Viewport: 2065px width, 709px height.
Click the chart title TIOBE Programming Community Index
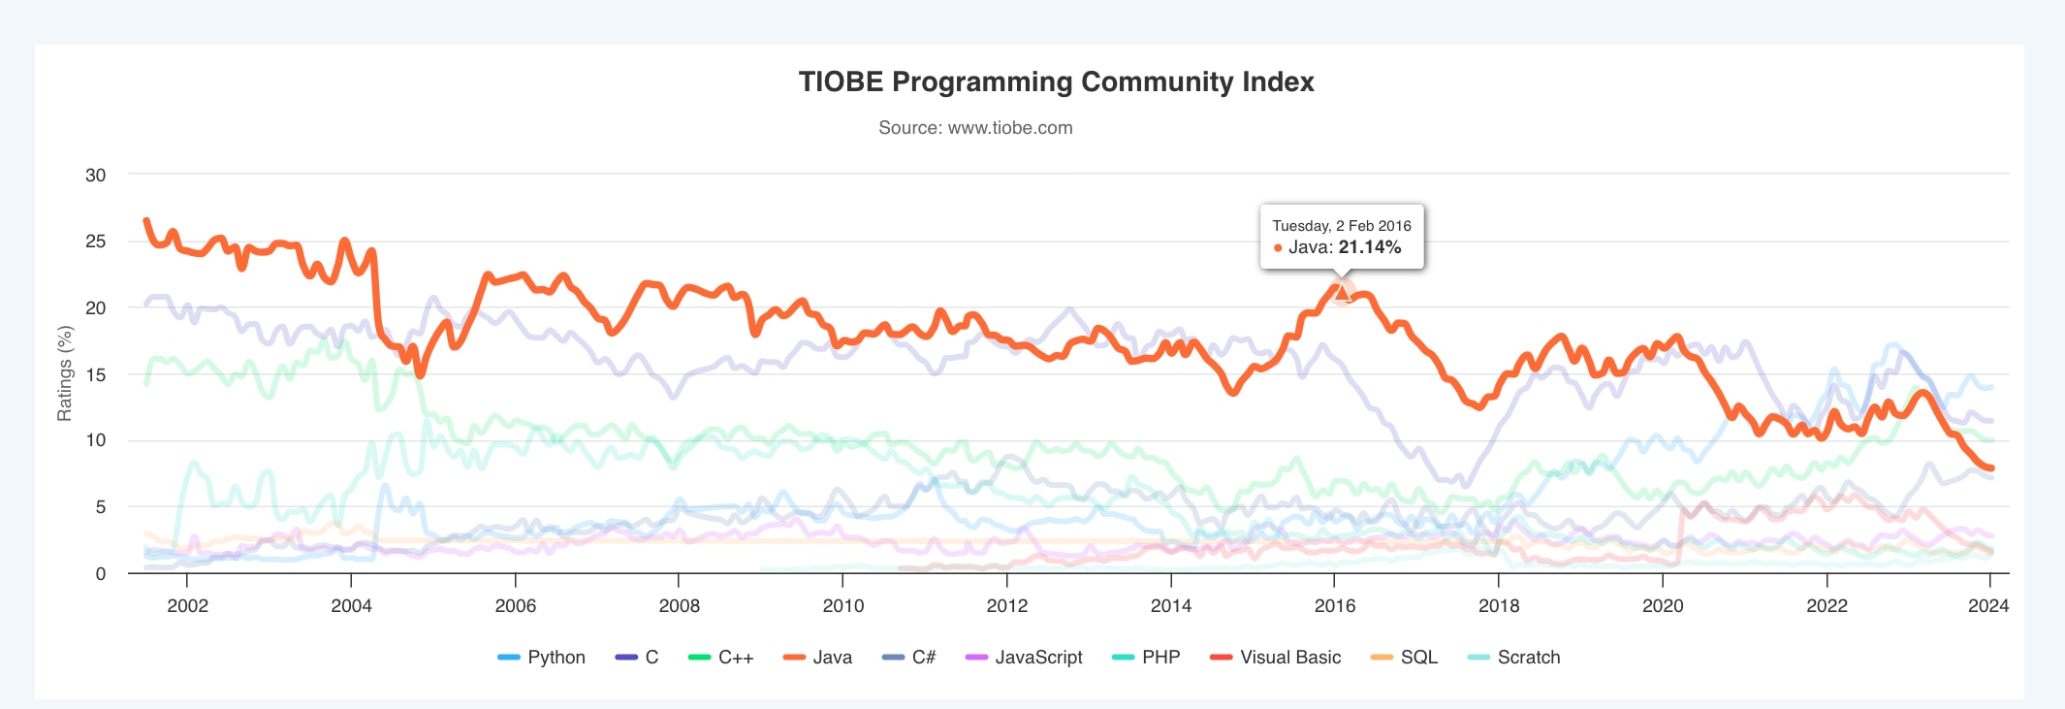1056,81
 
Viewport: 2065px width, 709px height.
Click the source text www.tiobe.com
975,128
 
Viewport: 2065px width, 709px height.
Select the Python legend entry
556,658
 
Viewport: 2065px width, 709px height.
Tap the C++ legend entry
735,658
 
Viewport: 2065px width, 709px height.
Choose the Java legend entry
831,658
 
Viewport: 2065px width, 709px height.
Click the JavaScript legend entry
1037,658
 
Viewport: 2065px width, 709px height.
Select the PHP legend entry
1160,658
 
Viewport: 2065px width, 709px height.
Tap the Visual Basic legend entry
1289,658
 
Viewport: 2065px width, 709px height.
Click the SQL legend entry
1418,658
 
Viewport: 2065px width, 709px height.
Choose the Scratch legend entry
1528,658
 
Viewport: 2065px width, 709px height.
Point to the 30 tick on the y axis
96,176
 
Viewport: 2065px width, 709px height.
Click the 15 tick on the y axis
96,374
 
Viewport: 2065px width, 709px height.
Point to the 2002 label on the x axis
187,606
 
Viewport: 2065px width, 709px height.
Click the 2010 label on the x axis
842,606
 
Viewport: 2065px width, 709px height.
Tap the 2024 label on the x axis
1987,606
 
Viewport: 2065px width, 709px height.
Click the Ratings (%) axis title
65,373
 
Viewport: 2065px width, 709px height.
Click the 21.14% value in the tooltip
1369,247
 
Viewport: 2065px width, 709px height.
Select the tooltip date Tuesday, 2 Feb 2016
1341,226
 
